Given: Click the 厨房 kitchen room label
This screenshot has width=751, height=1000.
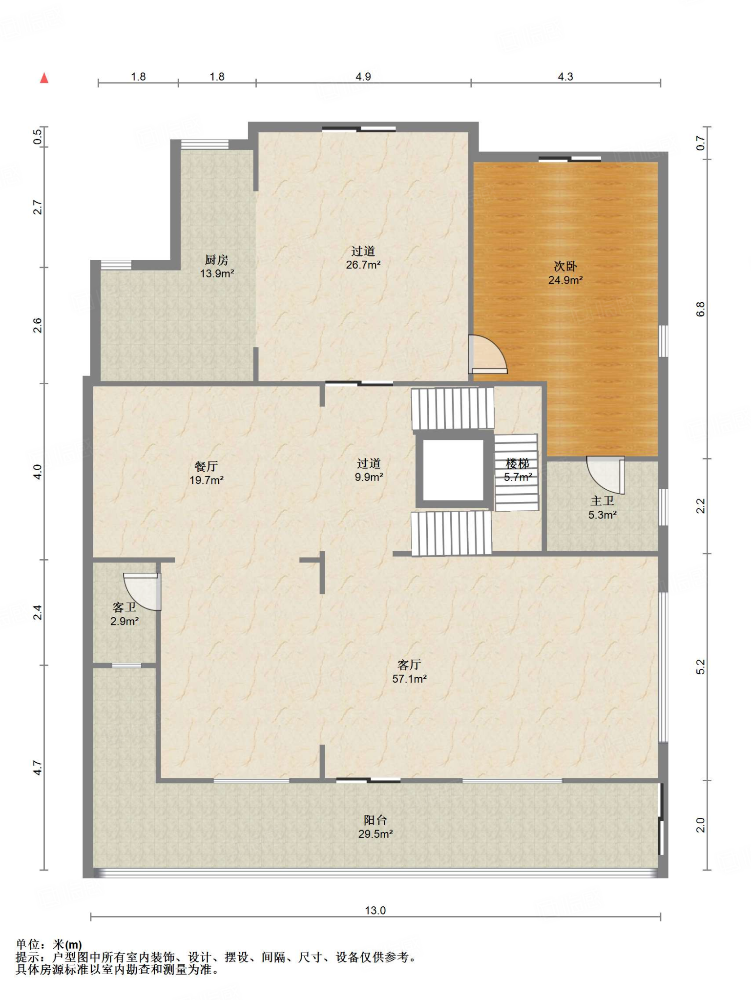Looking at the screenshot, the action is pyautogui.click(x=216, y=260).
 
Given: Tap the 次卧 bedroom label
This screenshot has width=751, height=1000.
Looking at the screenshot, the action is pyautogui.click(x=565, y=266).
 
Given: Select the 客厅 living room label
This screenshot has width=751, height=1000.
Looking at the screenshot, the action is pyautogui.click(x=409, y=665).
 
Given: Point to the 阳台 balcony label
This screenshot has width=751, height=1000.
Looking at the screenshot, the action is pyautogui.click(x=375, y=820).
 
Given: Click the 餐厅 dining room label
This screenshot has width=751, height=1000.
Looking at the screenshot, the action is pyautogui.click(x=206, y=466).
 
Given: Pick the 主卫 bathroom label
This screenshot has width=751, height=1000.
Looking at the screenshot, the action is pyautogui.click(x=602, y=501).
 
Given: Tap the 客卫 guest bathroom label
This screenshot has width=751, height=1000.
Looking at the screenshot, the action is pyautogui.click(x=124, y=607).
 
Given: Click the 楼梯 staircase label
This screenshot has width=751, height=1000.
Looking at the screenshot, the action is pyautogui.click(x=518, y=463).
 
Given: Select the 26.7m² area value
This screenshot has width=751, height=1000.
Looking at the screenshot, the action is pyautogui.click(x=363, y=265).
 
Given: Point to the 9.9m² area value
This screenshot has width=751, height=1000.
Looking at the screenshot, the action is pyautogui.click(x=369, y=477).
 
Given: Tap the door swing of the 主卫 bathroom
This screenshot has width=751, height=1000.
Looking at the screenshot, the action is pyautogui.click(x=605, y=475).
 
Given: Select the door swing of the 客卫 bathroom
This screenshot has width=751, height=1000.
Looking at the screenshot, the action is pyautogui.click(x=142, y=591).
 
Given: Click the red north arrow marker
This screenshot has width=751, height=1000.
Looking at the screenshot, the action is pyautogui.click(x=44, y=78).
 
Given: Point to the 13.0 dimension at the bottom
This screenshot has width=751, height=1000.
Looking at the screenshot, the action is pyautogui.click(x=375, y=910).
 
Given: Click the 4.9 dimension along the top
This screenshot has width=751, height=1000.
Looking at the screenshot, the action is pyautogui.click(x=363, y=77).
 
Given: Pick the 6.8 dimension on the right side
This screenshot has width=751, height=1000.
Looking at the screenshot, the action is pyautogui.click(x=701, y=309).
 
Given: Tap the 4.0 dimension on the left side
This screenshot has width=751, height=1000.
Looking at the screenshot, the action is pyautogui.click(x=38, y=472).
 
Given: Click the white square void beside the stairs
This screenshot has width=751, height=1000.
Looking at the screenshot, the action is pyautogui.click(x=453, y=470).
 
